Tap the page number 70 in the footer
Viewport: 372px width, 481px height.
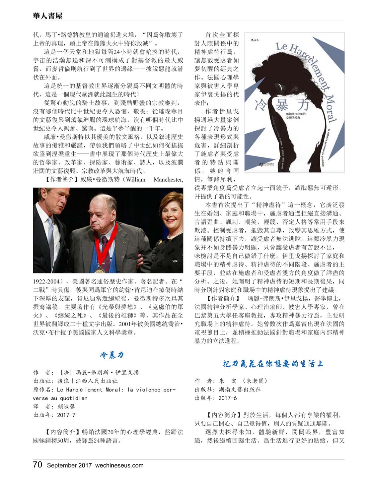(37, 464)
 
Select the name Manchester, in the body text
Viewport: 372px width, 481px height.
(168, 180)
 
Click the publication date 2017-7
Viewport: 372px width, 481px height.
(66, 415)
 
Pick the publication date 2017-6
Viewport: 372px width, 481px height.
(227, 398)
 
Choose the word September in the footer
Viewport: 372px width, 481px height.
(62, 465)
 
